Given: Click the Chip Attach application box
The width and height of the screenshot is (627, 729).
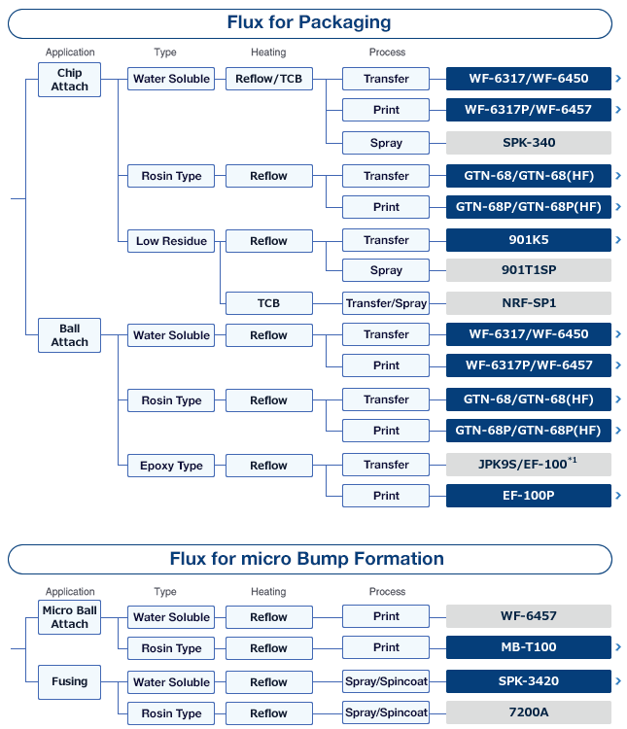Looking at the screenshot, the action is point(69,80).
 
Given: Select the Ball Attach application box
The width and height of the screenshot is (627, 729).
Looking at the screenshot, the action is point(69,335).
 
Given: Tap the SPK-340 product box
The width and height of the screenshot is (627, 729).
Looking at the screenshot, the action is point(529,143).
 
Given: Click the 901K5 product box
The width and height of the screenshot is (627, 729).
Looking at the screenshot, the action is point(529,240).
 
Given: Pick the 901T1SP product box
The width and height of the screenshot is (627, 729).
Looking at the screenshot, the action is point(529,270).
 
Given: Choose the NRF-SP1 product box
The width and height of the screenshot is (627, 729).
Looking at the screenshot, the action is point(529,303).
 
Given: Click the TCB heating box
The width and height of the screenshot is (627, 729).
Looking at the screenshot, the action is point(269,303).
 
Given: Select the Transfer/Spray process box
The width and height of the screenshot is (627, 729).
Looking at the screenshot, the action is point(386,303).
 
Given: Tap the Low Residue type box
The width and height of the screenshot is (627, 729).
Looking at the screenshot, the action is point(171,241).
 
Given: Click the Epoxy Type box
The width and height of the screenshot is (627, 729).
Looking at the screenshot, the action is point(171,466).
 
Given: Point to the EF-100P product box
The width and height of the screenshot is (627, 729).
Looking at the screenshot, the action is point(529,496).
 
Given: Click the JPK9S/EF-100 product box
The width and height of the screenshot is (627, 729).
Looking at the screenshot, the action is point(529,465).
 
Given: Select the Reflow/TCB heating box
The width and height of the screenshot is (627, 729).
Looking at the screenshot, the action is point(269,79).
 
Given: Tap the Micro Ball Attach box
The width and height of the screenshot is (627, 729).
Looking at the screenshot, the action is point(69,617).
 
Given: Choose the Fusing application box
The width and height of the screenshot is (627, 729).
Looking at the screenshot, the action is point(69,682).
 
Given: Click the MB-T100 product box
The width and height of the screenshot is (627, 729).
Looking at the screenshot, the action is point(529,647).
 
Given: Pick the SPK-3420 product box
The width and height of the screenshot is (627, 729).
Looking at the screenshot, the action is point(529,681).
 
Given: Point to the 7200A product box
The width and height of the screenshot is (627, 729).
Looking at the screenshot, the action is point(529,712).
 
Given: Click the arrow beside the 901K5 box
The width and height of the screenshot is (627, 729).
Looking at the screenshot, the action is point(618,240).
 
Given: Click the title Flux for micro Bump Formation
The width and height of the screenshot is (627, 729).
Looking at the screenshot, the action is point(307,558).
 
